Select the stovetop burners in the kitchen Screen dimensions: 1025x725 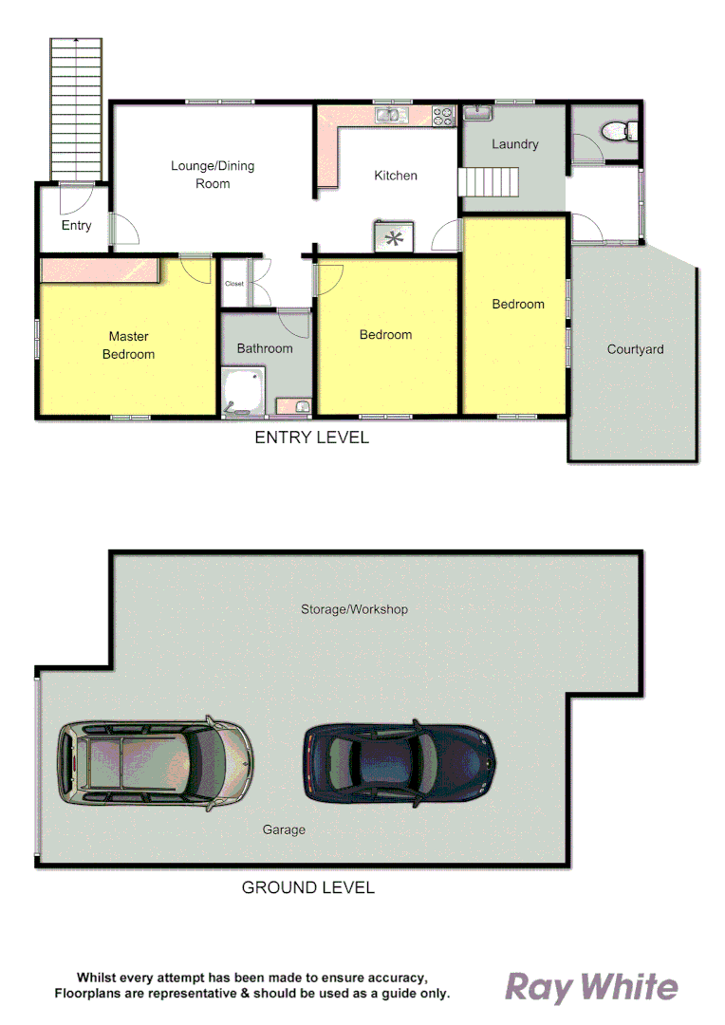(443, 116)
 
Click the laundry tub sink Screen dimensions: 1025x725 (478, 114)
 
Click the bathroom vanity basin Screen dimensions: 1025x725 (296, 407)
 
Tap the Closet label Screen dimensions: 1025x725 (233, 284)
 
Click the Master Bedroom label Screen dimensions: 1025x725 (128, 345)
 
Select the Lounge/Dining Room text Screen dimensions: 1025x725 (213, 175)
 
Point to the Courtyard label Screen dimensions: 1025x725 (635, 349)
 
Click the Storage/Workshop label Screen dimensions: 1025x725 (354, 608)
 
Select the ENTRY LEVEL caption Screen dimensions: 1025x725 (311, 438)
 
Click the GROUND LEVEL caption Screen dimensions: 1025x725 (308, 887)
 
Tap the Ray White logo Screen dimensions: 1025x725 (590, 987)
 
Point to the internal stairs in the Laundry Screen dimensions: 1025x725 (490, 180)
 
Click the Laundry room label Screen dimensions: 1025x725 (515, 144)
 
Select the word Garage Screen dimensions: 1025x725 (284, 829)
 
